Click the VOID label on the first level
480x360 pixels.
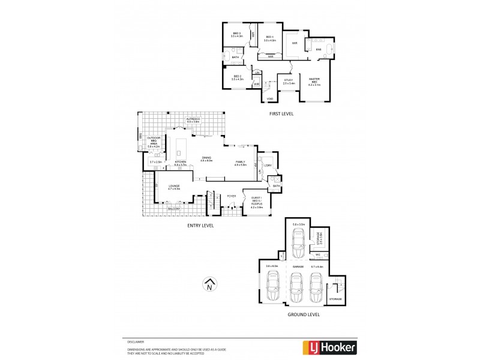pos(269,99)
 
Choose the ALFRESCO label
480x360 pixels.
pos(192,121)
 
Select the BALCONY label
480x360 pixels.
pos(173,209)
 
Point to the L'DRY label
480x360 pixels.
pos(268,166)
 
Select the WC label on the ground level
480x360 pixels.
pos(319,254)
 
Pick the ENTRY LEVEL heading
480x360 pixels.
pos(200,226)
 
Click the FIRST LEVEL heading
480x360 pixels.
pos(281,113)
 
